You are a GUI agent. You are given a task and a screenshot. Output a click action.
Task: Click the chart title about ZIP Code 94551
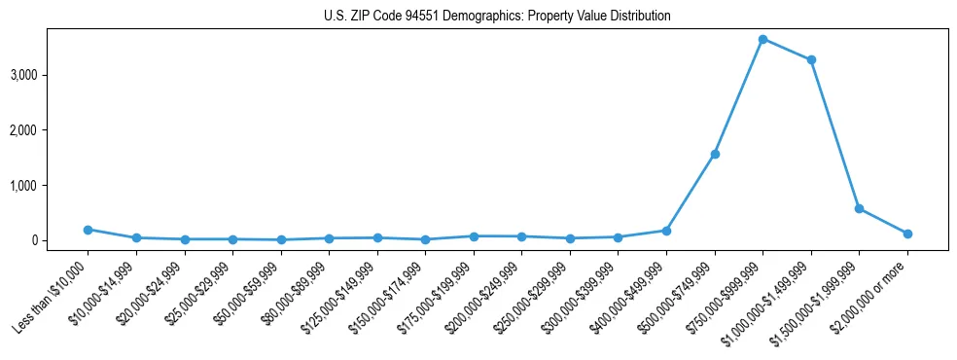497,17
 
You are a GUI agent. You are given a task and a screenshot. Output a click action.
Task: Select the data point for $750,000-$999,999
762,39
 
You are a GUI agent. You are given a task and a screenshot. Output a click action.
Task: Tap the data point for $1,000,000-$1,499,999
811,59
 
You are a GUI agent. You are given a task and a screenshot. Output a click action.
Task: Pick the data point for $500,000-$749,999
715,154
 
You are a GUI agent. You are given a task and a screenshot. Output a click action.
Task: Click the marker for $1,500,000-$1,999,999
859,208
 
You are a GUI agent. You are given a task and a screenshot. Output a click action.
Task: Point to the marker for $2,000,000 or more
907,234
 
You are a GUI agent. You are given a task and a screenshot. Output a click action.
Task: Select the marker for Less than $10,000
89,230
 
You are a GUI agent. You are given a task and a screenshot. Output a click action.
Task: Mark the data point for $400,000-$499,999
666,231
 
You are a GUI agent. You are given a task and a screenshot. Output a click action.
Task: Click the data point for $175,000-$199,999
474,236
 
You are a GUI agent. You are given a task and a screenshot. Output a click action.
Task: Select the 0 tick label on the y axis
59,240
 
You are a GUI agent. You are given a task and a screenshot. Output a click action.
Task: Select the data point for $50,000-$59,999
281,239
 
